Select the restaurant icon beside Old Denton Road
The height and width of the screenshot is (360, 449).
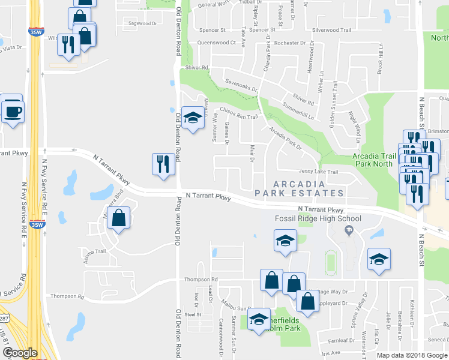163,164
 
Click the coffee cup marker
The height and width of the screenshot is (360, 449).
12,111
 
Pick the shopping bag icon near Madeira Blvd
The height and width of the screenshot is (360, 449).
119,219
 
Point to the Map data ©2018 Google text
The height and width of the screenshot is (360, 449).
412,355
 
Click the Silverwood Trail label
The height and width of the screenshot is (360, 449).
331,29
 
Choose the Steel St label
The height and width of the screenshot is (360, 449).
192,314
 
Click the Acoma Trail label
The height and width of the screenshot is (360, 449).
96,251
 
